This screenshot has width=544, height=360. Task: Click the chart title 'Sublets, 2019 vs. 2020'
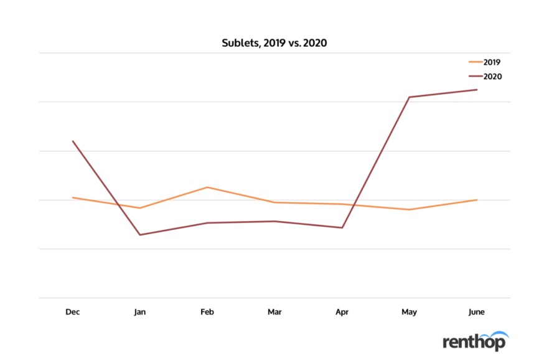(x=274, y=43)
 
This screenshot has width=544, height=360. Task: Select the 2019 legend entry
(x=485, y=62)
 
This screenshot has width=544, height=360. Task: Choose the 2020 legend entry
(x=485, y=77)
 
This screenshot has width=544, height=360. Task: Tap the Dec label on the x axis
(x=72, y=311)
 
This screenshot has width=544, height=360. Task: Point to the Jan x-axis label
(x=140, y=311)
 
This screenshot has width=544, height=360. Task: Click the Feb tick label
(x=207, y=311)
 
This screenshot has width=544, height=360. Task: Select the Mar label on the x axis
(x=274, y=311)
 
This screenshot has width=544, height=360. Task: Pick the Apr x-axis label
(x=342, y=311)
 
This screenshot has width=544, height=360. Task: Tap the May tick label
(x=410, y=311)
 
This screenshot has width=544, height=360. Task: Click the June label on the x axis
(x=477, y=311)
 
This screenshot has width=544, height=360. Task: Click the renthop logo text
(x=474, y=341)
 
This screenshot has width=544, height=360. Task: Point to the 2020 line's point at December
(x=73, y=141)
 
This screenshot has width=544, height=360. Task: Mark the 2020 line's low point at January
(x=140, y=235)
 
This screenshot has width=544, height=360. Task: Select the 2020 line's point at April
(x=342, y=227)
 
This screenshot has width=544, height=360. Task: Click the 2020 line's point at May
(x=410, y=97)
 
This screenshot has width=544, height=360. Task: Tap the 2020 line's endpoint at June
(x=477, y=90)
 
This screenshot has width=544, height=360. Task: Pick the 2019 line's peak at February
(x=207, y=187)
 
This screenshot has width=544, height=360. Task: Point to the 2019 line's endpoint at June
(x=477, y=200)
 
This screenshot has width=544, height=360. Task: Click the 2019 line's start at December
(x=73, y=197)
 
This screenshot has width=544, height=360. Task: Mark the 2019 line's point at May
(x=410, y=209)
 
